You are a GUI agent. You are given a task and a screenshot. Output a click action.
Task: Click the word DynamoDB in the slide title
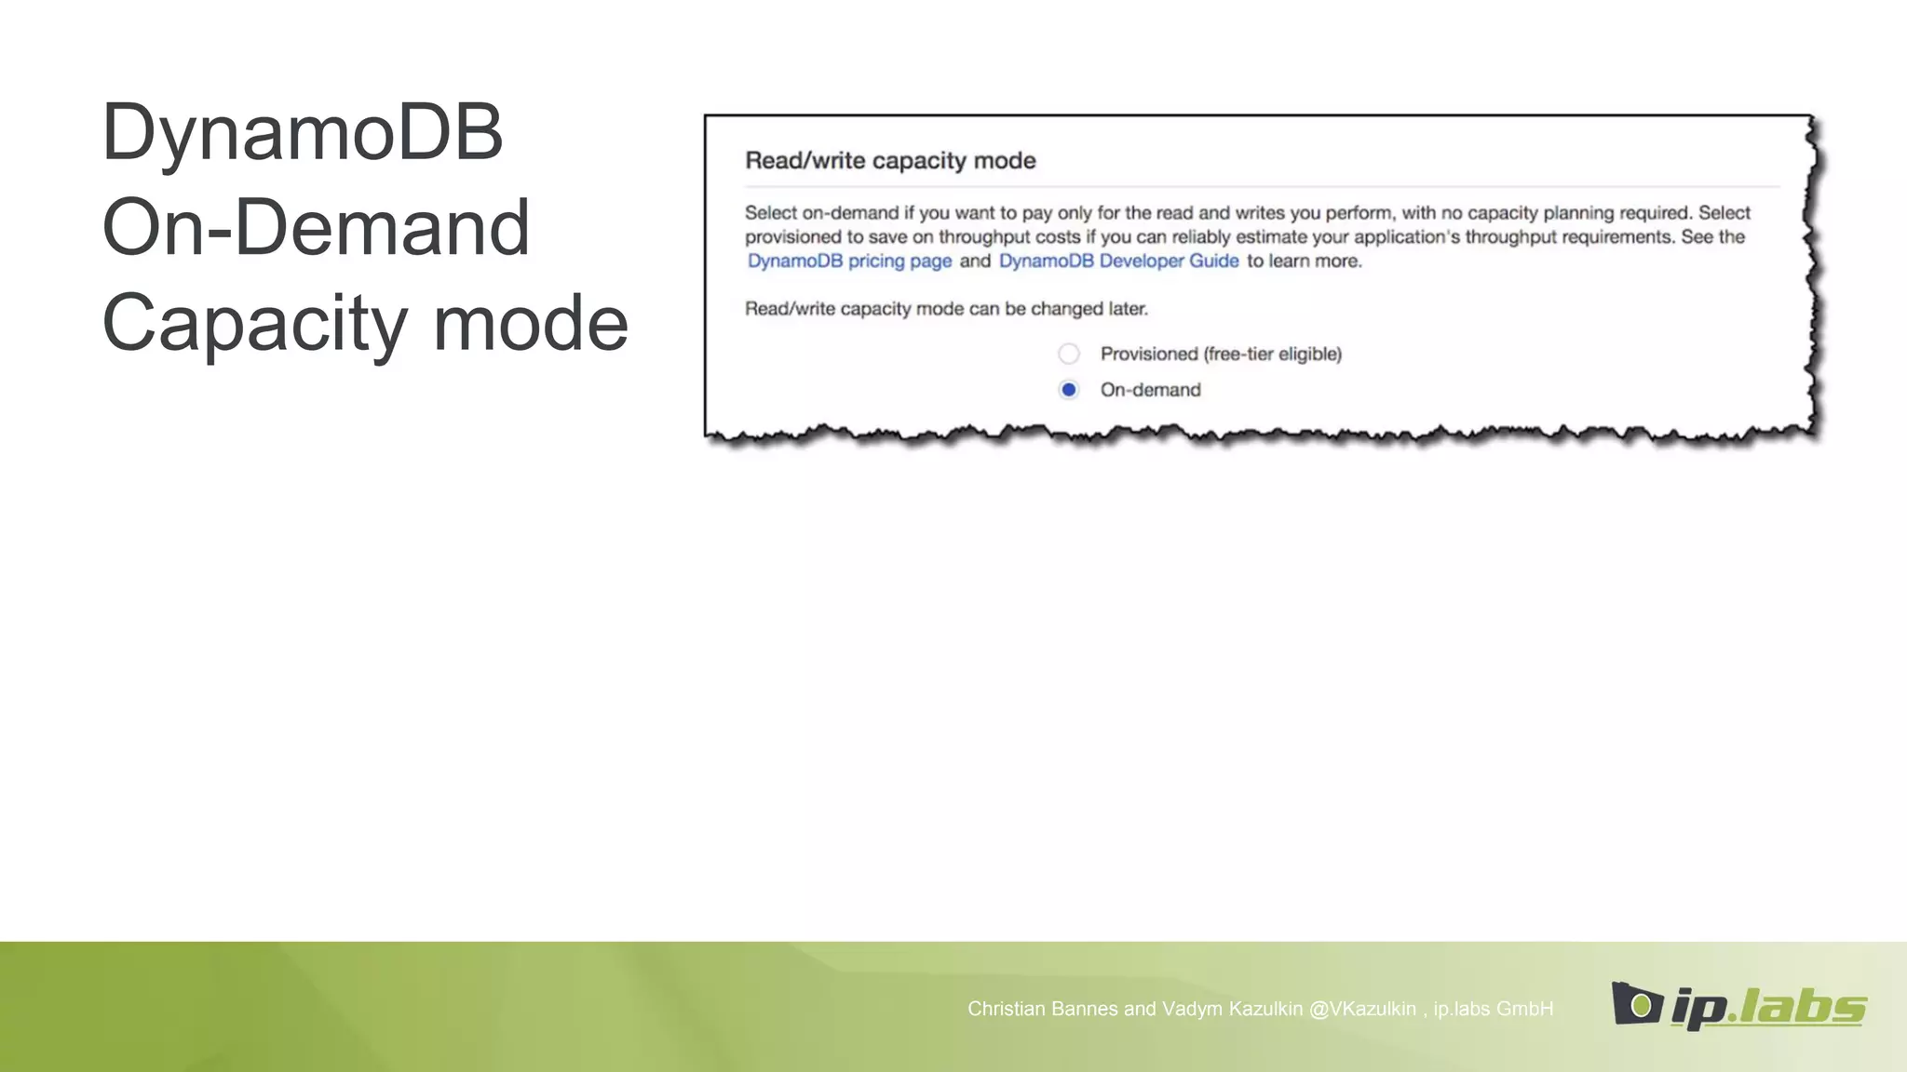point(302,132)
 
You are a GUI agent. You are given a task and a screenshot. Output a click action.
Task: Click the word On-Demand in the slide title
point(316,227)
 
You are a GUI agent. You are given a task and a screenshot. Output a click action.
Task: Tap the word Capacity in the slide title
point(254,323)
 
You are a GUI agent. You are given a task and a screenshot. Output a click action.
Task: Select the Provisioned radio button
point(1069,354)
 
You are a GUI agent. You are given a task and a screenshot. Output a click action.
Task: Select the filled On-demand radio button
point(1069,390)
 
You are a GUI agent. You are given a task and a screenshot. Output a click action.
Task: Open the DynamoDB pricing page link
point(849,261)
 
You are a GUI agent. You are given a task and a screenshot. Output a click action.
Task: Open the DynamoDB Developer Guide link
point(1118,261)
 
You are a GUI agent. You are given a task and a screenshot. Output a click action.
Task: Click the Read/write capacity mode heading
point(890,161)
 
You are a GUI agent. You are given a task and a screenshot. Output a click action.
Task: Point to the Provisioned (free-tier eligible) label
point(1220,354)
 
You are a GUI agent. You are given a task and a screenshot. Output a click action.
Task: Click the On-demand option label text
point(1150,390)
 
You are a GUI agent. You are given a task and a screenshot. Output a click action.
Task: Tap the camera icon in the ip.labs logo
point(1637,1004)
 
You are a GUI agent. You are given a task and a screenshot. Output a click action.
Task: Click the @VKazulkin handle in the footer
point(1362,1009)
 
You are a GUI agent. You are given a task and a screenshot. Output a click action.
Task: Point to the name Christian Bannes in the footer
point(1042,1009)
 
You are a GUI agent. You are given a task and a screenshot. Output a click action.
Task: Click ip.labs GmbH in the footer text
point(1493,1009)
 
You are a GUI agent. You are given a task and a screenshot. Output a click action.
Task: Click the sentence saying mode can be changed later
point(946,309)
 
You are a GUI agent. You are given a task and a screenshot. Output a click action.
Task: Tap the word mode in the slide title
point(531,323)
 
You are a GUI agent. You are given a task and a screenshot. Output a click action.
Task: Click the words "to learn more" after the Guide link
point(1304,261)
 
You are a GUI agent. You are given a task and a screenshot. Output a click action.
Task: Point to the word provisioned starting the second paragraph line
point(792,237)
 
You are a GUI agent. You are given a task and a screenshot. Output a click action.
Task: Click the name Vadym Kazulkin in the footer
point(1232,1009)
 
